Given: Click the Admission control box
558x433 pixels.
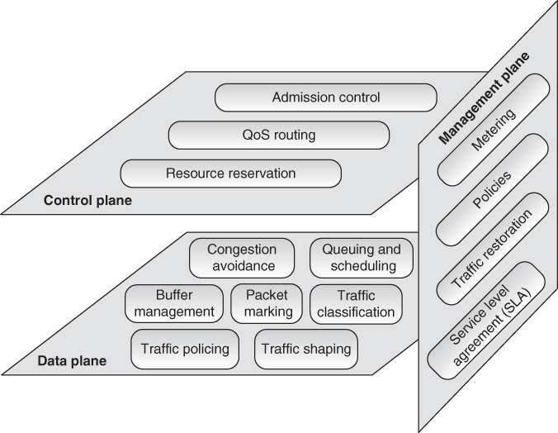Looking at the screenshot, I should [326, 98].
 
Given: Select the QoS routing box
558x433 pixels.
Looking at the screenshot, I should [278, 136].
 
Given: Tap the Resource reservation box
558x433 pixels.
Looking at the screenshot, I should [230, 174].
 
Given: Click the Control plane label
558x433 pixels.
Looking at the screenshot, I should [87, 200].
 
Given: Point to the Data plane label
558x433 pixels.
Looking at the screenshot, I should [71, 361].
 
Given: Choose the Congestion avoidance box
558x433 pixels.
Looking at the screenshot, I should [241, 258].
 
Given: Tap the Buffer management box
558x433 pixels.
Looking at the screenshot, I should [174, 303].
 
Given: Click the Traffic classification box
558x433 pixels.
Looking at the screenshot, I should [356, 303].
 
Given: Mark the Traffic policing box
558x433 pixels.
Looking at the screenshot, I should [185, 349].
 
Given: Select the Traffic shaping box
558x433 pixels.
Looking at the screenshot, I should [306, 349].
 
